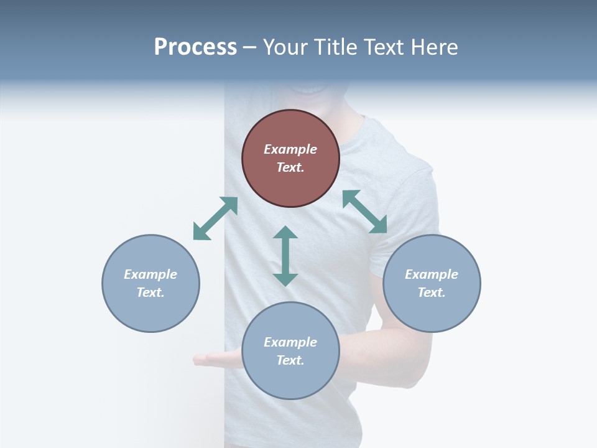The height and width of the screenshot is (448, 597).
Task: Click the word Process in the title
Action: tap(195, 47)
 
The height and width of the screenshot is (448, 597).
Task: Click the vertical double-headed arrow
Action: tap(285, 256)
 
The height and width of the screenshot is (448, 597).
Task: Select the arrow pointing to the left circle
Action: tap(215, 218)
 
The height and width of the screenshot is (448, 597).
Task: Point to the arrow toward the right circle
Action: tap(365, 212)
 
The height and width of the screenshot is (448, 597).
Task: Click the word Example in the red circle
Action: tap(290, 149)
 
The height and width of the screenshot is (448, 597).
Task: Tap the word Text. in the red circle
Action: tap(290, 167)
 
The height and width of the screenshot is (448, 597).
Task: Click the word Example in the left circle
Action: tap(150, 274)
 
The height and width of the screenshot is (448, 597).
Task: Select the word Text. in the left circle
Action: tap(150, 292)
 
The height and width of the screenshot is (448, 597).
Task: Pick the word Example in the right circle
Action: tap(432, 274)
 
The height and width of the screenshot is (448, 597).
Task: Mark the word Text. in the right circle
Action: tap(432, 292)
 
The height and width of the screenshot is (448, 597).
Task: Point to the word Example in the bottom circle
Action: tap(290, 342)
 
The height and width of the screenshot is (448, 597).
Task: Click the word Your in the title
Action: tap(284, 47)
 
